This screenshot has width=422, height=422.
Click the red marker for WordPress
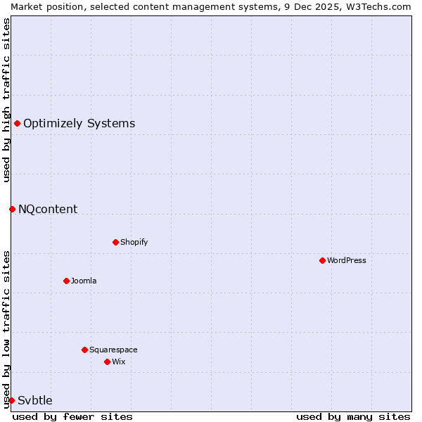tap(322, 260)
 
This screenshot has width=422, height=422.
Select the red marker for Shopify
tap(115, 242)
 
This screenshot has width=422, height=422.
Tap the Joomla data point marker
tap(66, 281)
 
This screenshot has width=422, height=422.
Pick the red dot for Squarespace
tap(84, 350)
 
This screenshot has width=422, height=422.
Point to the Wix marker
tap(107, 362)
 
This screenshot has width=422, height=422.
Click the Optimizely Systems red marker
tap(17, 124)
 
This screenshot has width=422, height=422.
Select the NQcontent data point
tap(12, 209)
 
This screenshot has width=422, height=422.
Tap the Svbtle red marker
tap(11, 400)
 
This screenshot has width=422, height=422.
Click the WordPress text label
tap(347, 260)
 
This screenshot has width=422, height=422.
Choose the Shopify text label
tap(134, 242)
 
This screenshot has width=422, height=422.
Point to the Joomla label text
tap(84, 281)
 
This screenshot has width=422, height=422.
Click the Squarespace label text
tap(113, 350)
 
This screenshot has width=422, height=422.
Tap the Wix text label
tap(118, 362)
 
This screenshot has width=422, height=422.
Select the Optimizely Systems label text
tap(79, 124)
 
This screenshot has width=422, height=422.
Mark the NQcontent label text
tap(48, 209)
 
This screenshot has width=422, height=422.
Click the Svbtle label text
tap(35, 400)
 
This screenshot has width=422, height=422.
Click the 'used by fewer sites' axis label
tap(72, 416)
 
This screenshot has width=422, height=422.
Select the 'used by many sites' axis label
tap(353, 416)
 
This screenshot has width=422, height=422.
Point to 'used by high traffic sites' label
tap(6, 99)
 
